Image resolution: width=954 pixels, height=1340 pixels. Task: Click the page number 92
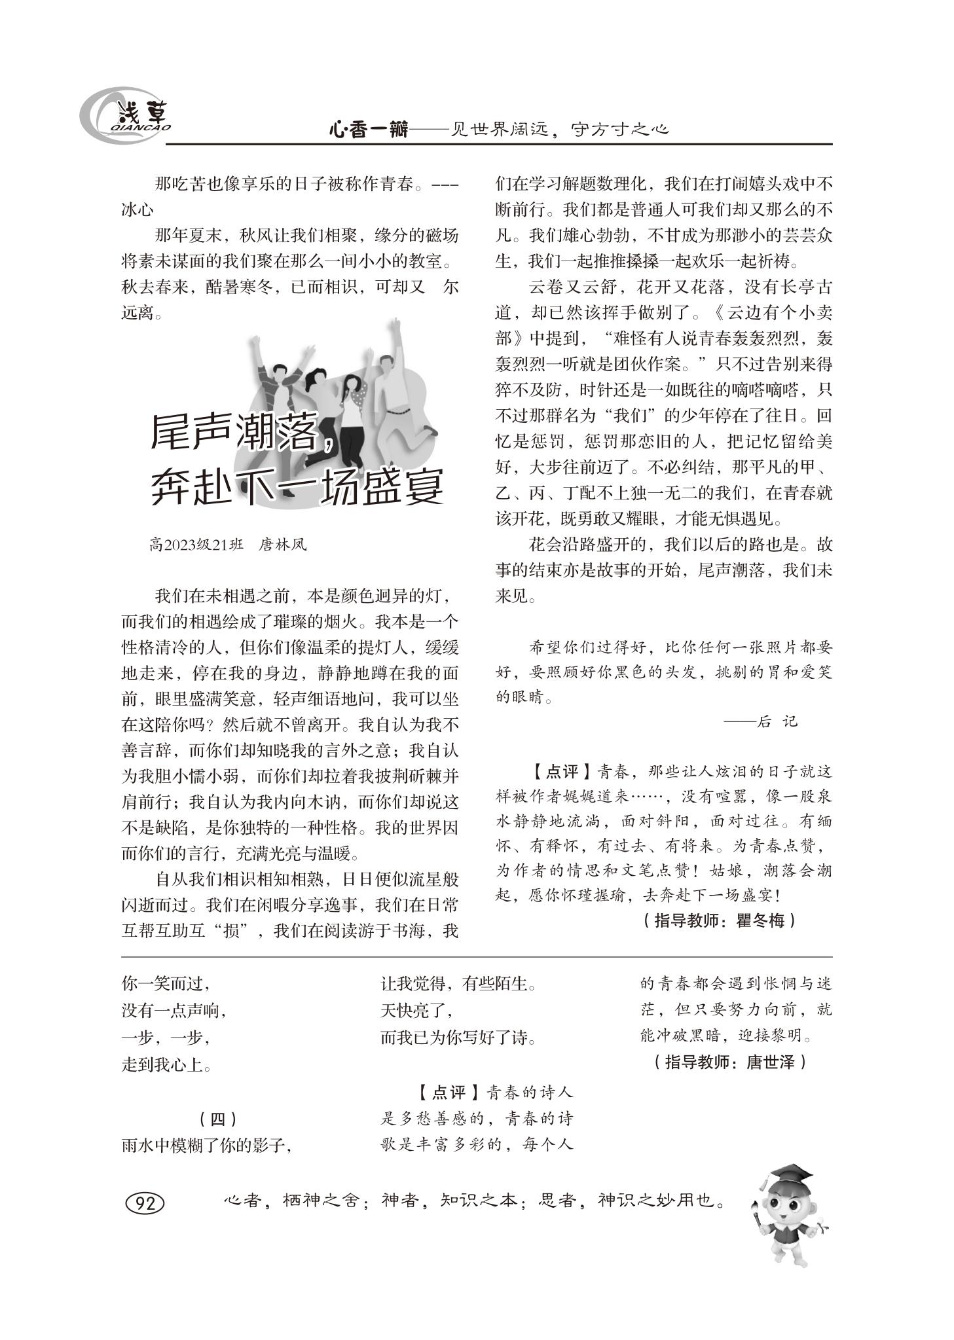click(x=144, y=1202)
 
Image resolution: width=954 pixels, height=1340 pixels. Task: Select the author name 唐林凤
click(x=282, y=544)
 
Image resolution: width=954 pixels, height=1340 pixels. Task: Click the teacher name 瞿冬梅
click(x=760, y=920)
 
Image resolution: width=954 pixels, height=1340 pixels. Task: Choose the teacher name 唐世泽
click(x=769, y=1062)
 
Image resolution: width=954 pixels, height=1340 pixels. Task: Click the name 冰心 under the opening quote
click(x=138, y=209)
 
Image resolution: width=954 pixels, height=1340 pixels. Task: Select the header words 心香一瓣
click(x=368, y=130)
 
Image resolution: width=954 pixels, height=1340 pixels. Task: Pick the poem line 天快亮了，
click(x=416, y=1011)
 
